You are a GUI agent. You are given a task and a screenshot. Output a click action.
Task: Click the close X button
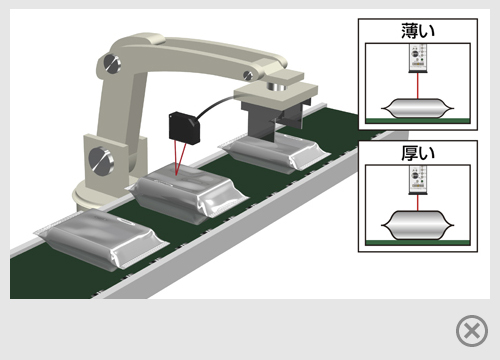tap(472, 331)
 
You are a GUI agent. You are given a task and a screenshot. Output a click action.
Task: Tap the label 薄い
tap(418, 31)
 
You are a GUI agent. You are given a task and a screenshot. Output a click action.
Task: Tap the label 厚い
tap(418, 153)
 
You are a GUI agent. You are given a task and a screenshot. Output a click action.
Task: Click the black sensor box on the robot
tap(184, 128)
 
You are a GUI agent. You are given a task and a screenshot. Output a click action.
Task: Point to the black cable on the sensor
tap(213, 105)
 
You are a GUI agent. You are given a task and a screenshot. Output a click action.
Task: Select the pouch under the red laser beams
tap(187, 194)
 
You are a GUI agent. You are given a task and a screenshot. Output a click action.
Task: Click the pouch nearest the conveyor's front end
tap(102, 237)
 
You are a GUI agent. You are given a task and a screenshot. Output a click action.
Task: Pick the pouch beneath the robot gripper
tap(274, 151)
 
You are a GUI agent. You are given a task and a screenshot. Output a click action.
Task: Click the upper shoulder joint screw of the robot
tap(112, 63)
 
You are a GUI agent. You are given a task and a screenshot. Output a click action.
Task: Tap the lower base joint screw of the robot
tap(101, 160)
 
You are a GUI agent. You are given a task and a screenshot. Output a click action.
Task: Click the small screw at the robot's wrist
tap(248, 75)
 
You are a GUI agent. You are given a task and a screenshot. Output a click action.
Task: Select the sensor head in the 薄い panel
tap(418, 58)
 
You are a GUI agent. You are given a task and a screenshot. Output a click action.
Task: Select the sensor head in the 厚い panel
tap(418, 180)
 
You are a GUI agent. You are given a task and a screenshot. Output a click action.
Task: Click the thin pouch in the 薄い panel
tap(418, 108)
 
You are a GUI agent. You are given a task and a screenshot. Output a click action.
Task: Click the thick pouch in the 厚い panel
tap(418, 225)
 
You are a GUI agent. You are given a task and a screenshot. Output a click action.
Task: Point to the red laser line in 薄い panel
tap(418, 85)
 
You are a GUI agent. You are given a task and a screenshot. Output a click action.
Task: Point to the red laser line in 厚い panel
tap(418, 203)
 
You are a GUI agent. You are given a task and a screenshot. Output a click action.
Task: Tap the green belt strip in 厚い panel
tap(418, 243)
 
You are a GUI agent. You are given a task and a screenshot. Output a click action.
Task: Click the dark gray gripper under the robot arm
tap(271, 119)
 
